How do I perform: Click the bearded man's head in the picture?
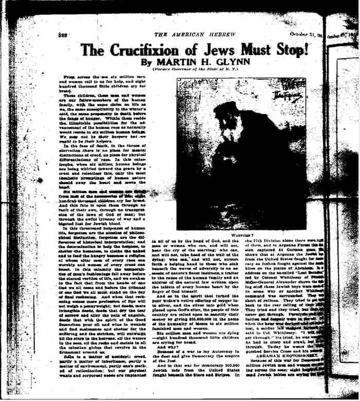[227, 113]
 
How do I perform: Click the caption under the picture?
[240, 235]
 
